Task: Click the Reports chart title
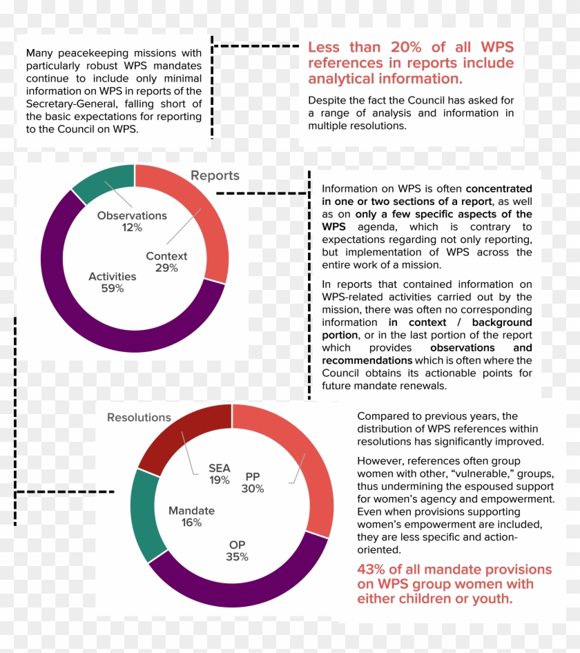215,176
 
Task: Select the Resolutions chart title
139,418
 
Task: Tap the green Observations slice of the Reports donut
102,180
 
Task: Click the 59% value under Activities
112,289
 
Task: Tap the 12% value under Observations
132,227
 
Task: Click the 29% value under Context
166,268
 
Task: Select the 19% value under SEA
219,480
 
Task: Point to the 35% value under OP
237,557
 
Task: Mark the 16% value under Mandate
191,523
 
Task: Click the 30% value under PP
253,489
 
